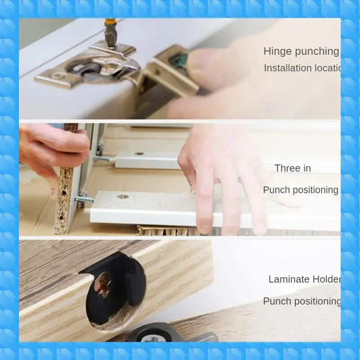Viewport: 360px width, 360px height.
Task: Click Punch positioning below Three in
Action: (301, 190)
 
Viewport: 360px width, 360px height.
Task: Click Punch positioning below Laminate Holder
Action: (301, 301)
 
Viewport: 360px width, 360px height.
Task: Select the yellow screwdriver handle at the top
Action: (110, 21)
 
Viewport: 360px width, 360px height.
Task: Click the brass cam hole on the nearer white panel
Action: (122, 196)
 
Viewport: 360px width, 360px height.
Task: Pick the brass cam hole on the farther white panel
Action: (139, 154)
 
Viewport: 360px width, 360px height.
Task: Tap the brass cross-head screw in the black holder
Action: (104, 285)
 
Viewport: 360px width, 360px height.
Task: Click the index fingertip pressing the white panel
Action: (205, 227)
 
